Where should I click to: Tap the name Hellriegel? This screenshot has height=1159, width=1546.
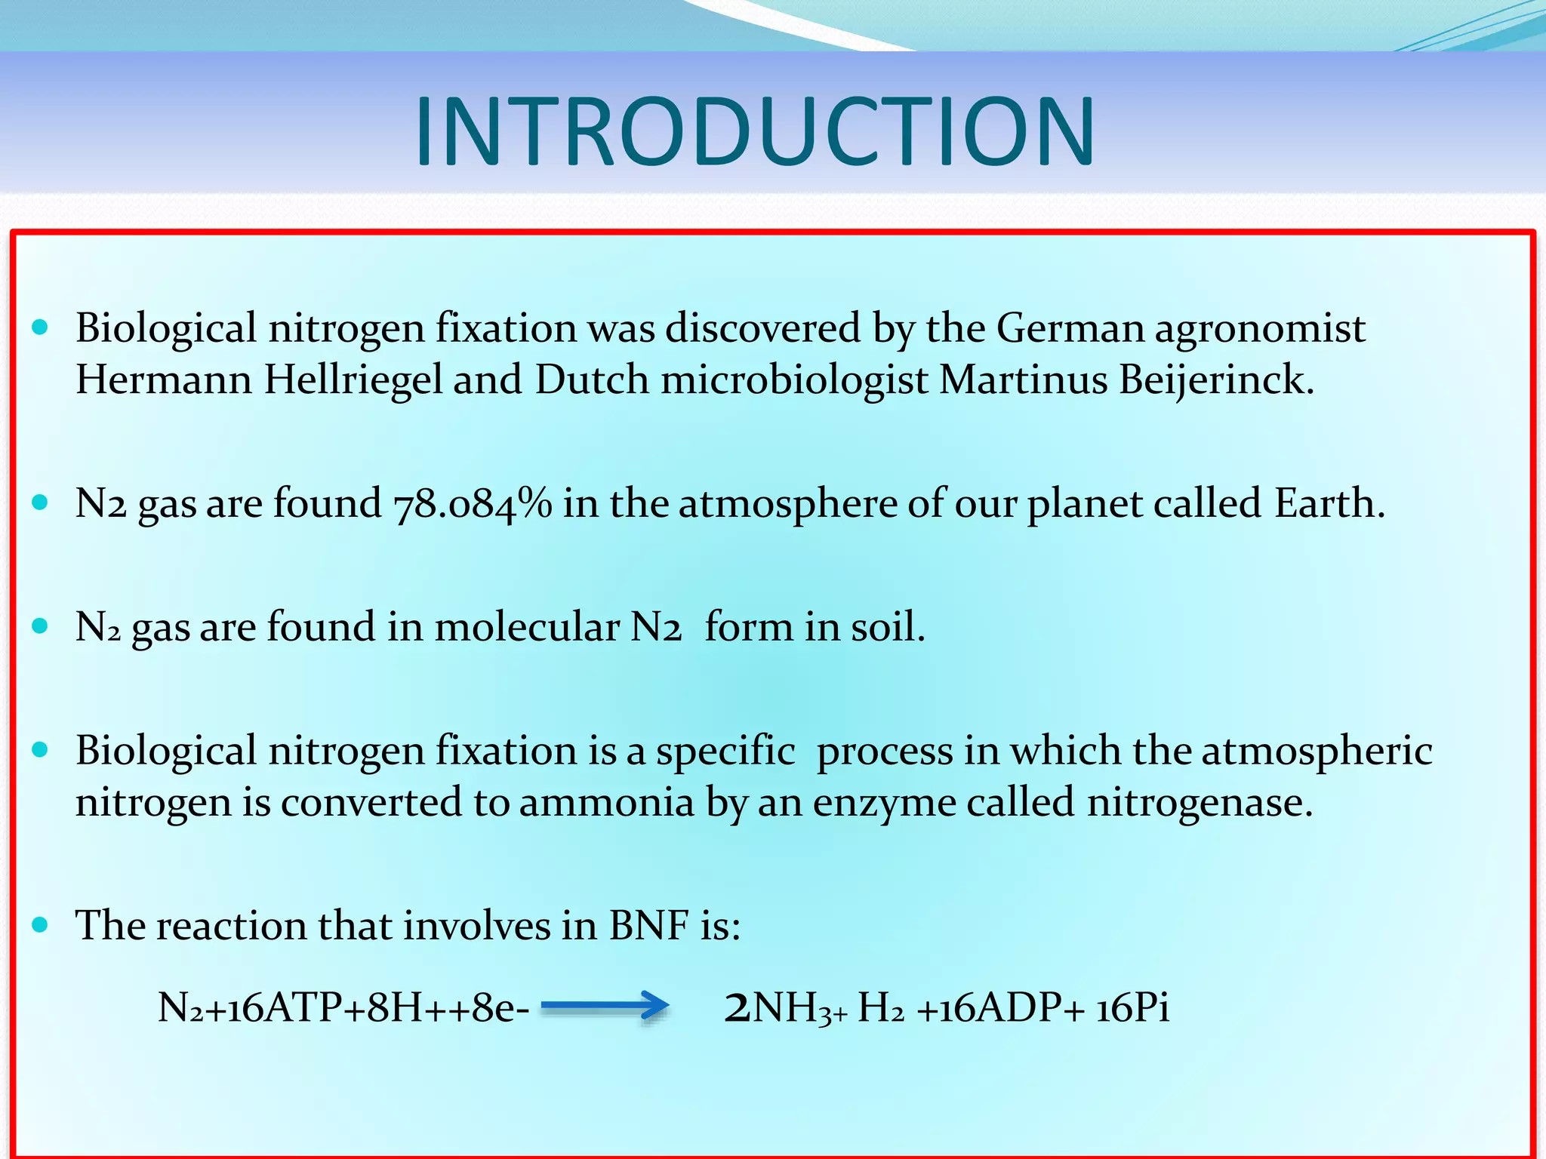point(353,379)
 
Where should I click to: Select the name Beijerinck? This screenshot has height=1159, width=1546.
point(1216,379)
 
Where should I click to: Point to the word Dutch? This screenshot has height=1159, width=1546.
point(592,379)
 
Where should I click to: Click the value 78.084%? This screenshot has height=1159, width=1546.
point(473,503)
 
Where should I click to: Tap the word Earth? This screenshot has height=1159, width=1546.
point(1329,503)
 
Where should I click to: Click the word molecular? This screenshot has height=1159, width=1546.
point(527,626)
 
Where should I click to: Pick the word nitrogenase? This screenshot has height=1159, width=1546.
point(1200,801)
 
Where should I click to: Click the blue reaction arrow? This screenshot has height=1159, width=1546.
point(605,1006)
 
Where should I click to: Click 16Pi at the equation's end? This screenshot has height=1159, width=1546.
point(1132,1007)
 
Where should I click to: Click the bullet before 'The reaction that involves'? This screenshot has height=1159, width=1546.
point(40,924)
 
